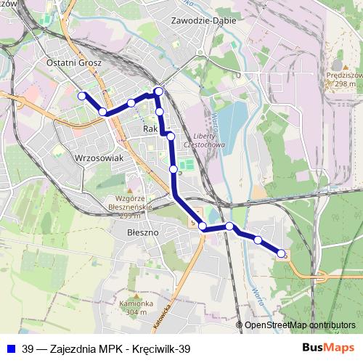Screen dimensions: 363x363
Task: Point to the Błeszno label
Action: [142, 234]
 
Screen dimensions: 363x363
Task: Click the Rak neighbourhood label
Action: [151, 129]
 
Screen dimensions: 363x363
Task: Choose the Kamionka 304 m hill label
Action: [140, 308]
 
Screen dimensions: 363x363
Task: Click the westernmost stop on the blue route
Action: [82, 96]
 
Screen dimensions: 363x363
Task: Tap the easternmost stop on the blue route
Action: [282, 253]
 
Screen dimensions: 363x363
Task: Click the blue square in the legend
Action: [10, 348]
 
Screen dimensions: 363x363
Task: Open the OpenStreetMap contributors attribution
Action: [299, 325]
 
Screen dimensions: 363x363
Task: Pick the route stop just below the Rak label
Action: [171, 136]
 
